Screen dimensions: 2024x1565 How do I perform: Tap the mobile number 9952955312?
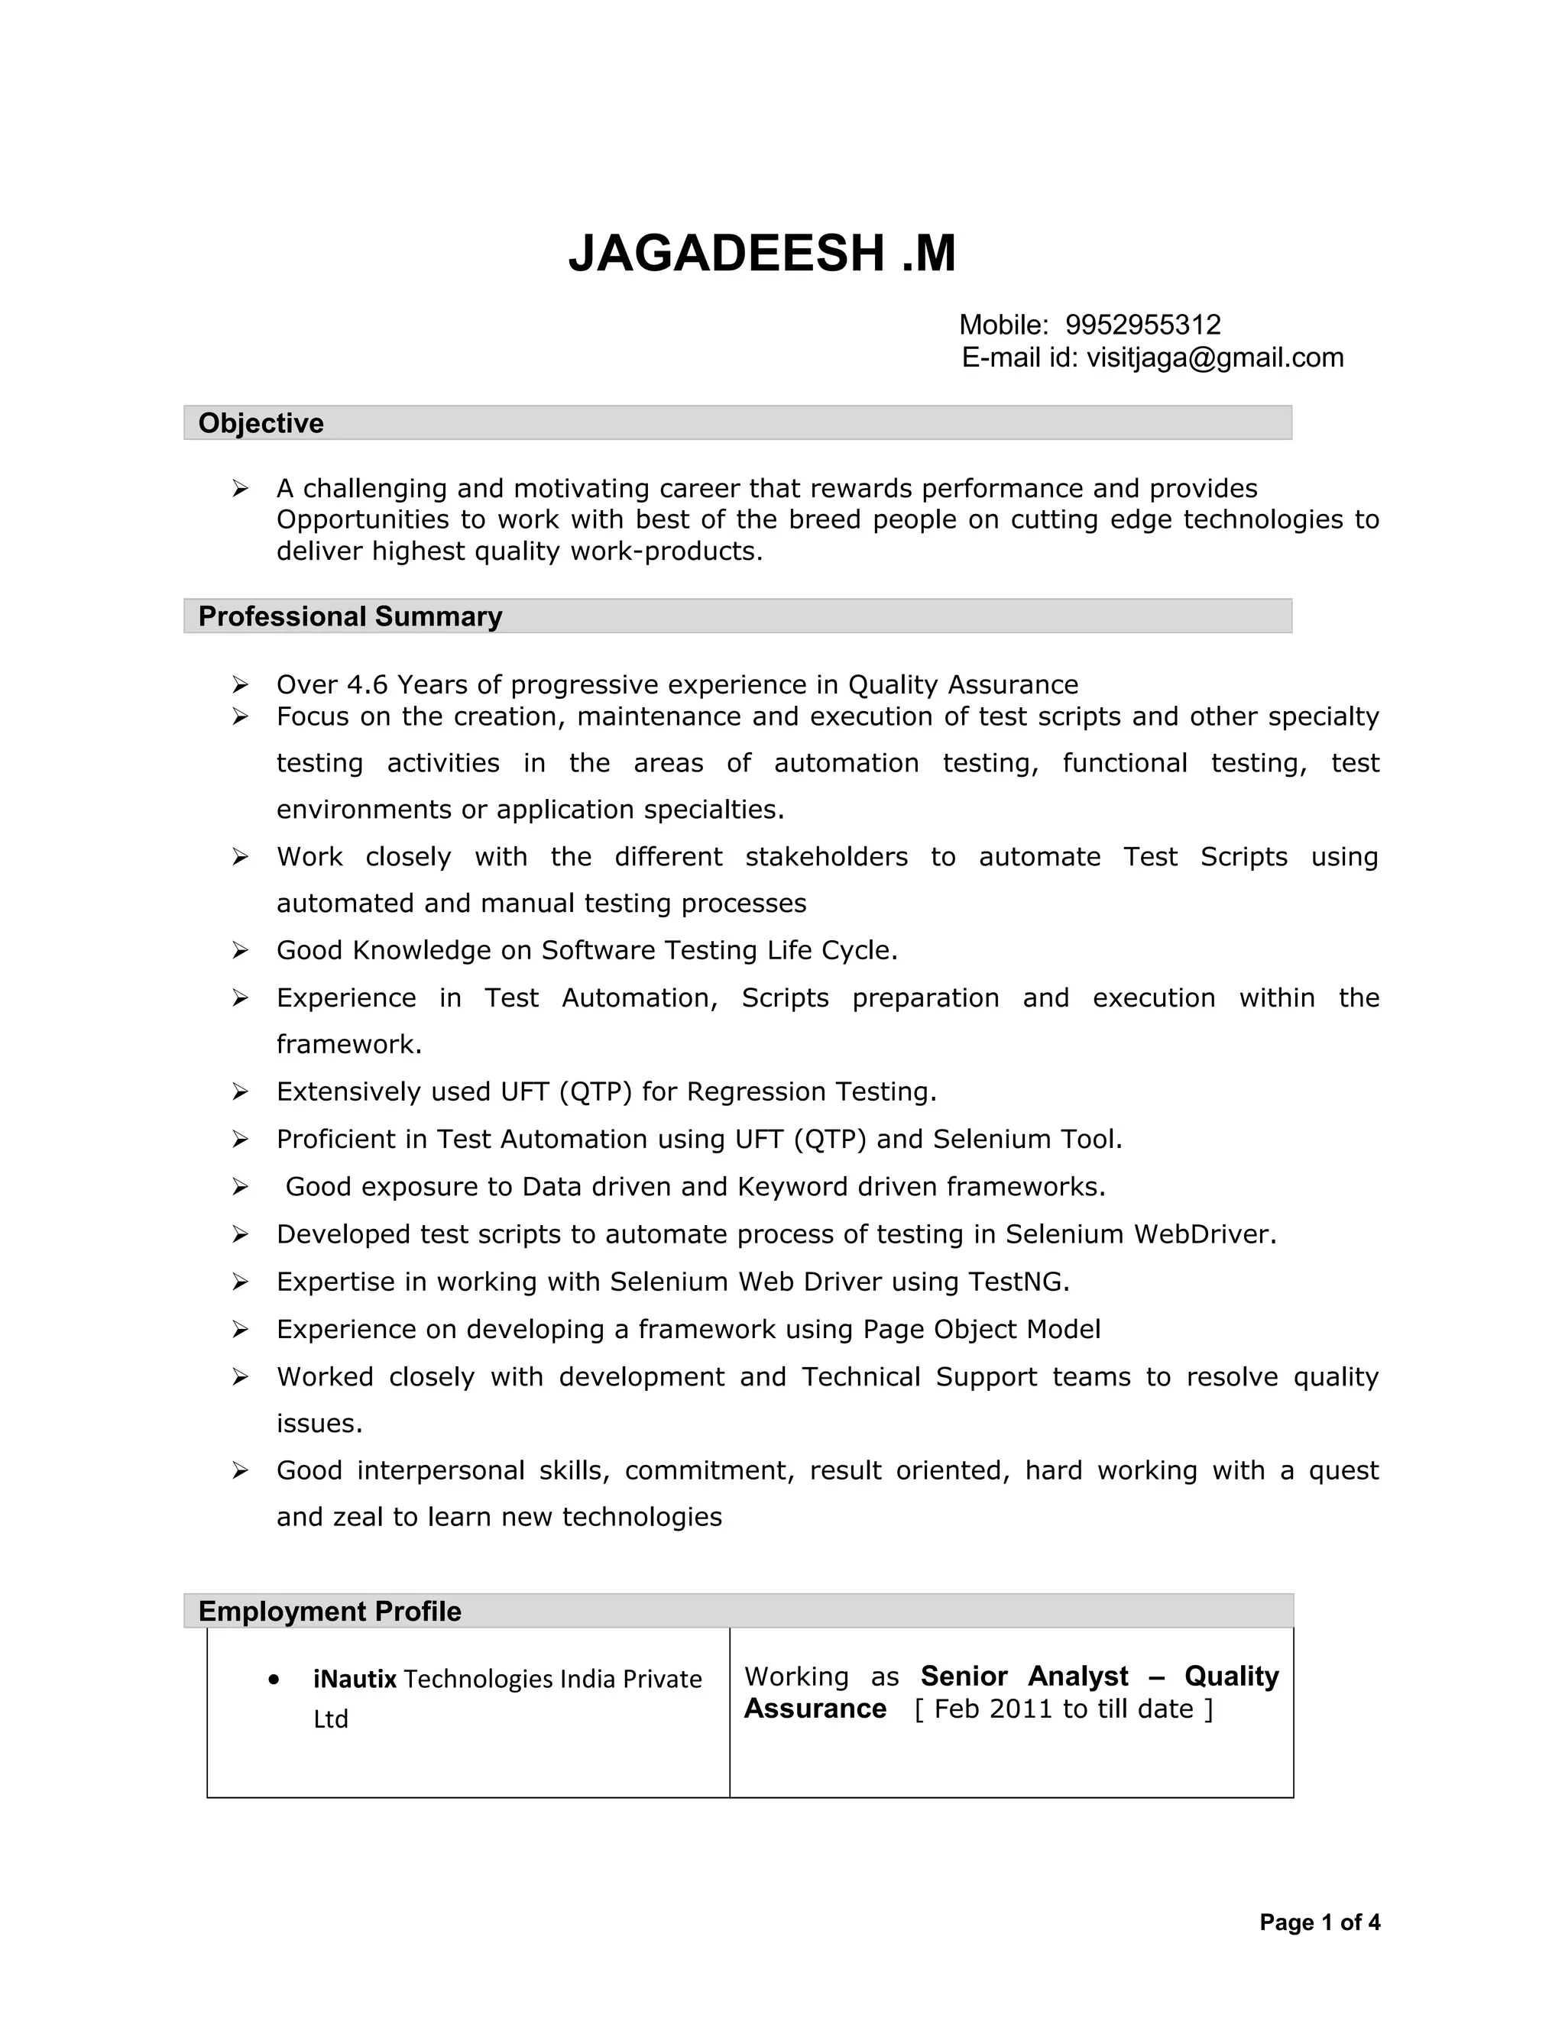tap(1142, 325)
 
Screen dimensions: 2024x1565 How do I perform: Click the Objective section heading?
tap(261, 424)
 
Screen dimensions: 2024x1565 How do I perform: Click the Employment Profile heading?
tap(329, 1611)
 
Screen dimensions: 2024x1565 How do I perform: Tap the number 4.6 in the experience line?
tap(367, 685)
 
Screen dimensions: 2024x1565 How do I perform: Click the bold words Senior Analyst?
tap(1023, 1676)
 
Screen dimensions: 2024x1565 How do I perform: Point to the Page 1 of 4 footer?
tap(1318, 1923)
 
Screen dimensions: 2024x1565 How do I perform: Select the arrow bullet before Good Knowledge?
tap(240, 951)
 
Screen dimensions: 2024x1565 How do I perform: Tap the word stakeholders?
tap(826, 857)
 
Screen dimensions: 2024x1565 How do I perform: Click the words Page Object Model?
tap(981, 1330)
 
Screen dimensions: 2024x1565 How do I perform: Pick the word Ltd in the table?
tap(330, 1719)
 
